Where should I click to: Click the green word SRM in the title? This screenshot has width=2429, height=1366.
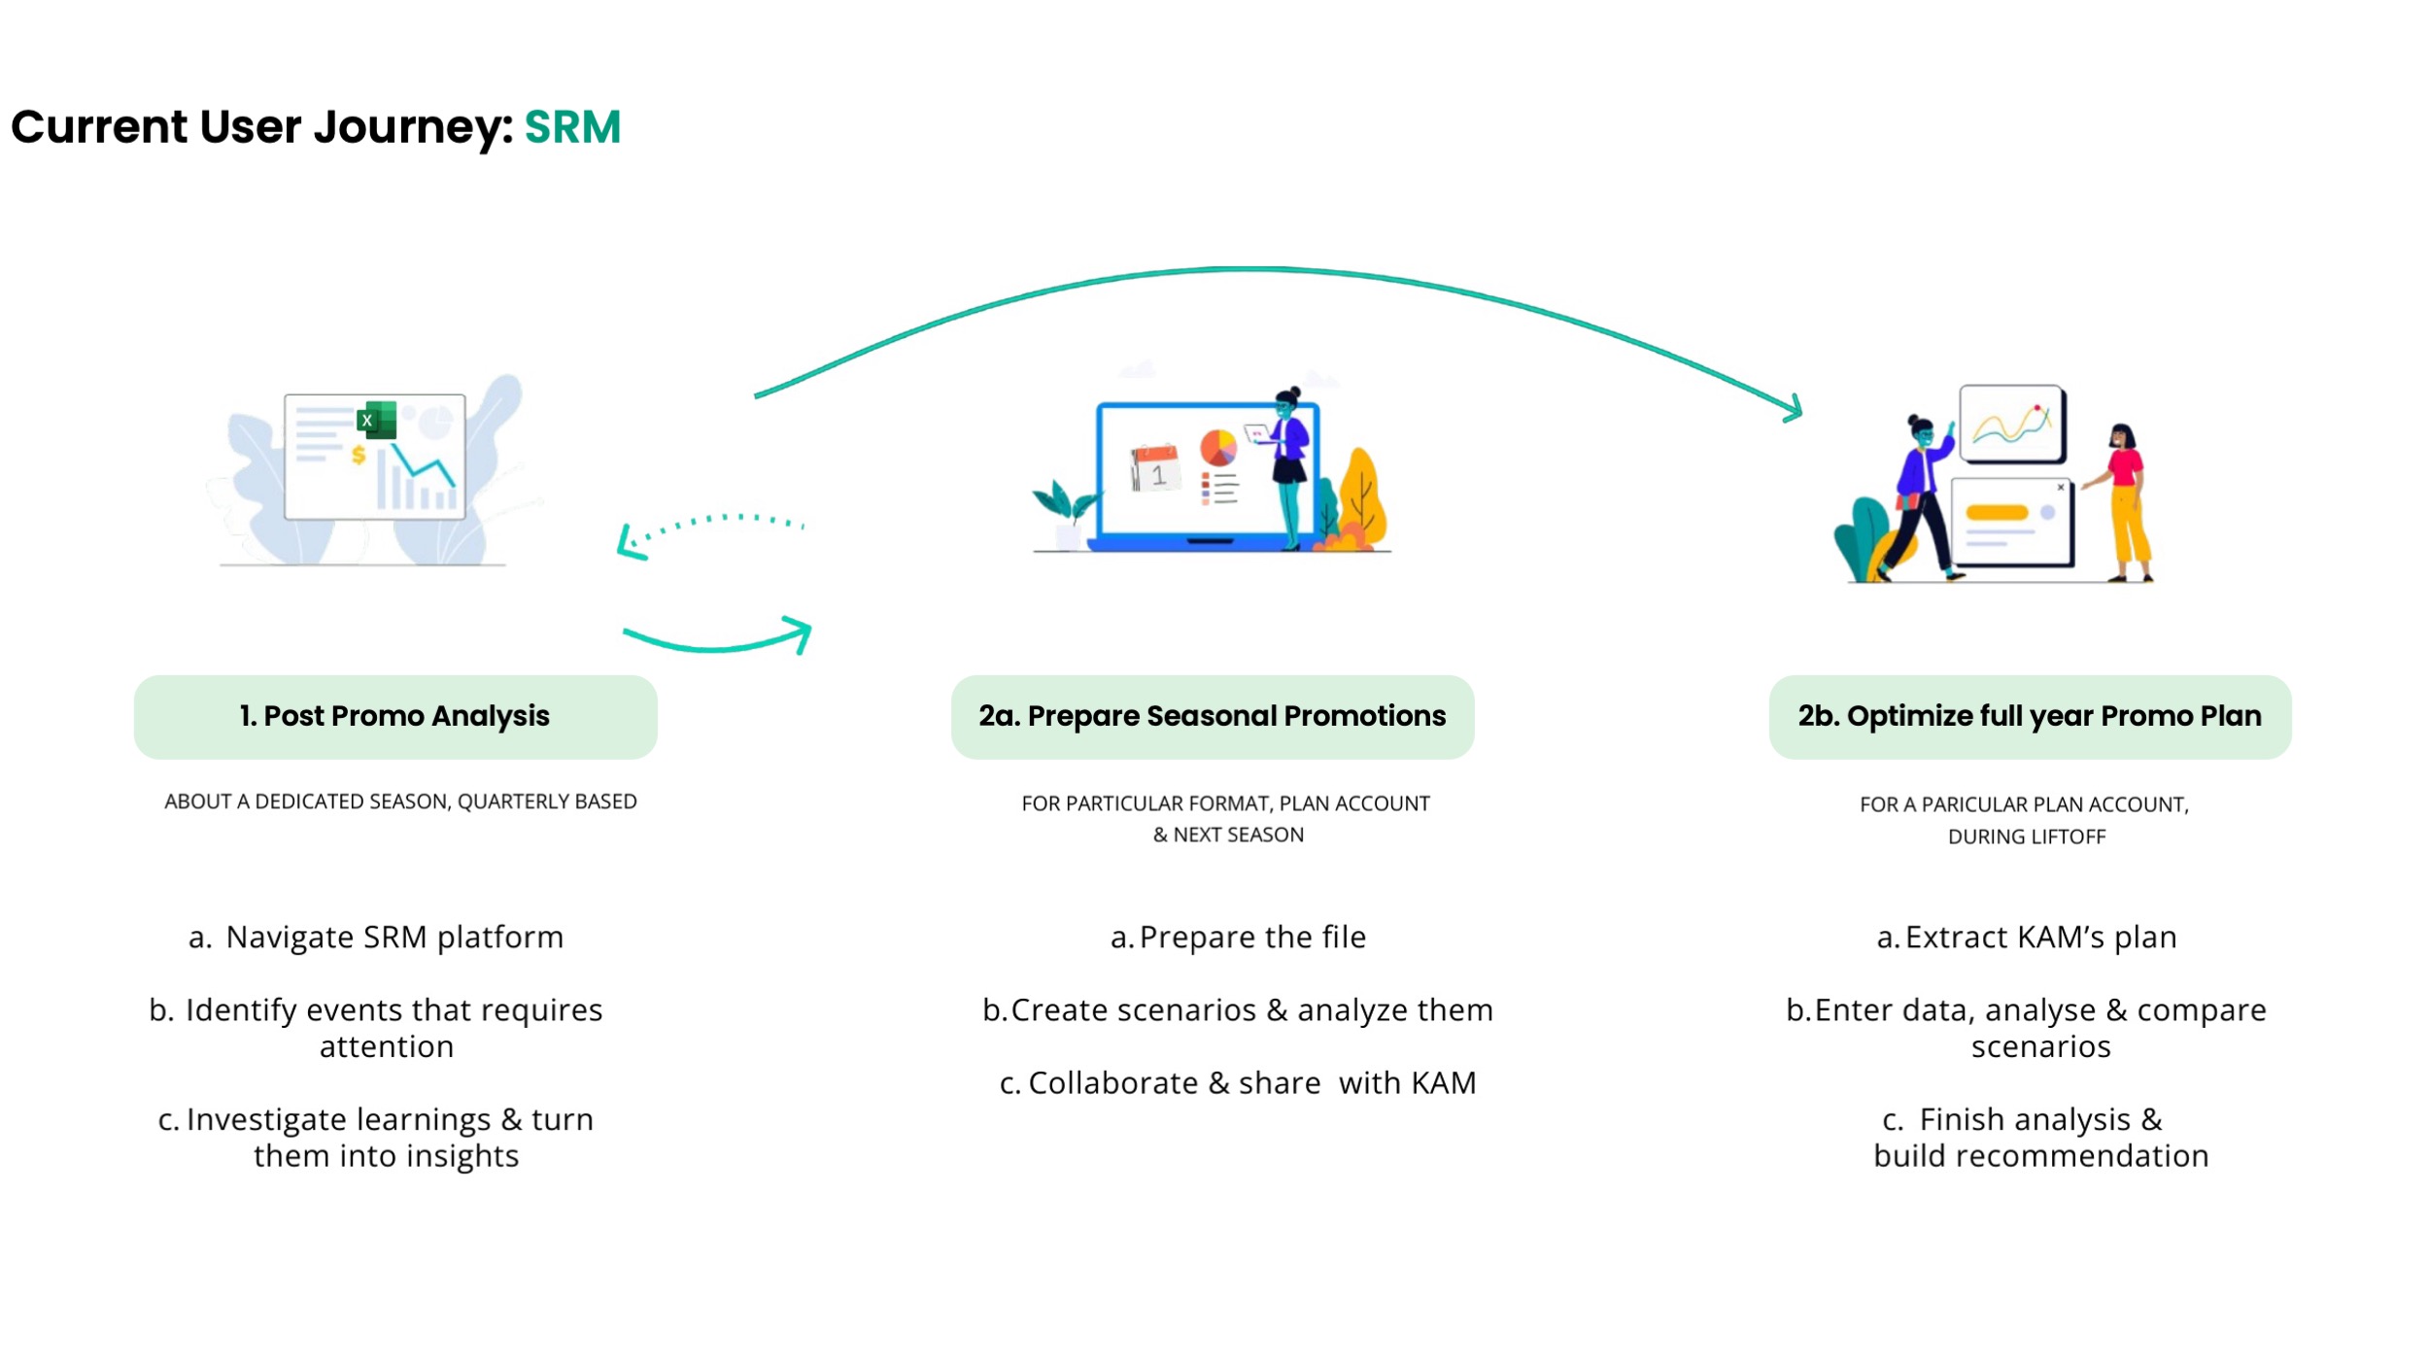(572, 127)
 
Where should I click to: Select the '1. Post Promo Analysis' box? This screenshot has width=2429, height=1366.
(395, 717)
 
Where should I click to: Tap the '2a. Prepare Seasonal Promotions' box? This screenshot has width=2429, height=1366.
(1213, 717)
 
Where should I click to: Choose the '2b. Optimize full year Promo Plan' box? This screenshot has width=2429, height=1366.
(2030, 717)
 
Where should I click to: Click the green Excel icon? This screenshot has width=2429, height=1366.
(377, 420)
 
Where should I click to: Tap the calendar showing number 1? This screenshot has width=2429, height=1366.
(1154, 467)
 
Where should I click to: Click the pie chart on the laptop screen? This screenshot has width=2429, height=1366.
(1218, 448)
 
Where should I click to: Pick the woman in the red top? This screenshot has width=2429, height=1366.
(2124, 502)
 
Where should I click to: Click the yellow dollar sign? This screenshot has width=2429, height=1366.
(359, 454)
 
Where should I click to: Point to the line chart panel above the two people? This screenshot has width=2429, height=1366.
(2012, 424)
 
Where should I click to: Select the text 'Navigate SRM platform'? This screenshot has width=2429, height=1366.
(394, 938)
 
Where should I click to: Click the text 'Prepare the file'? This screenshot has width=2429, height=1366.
(1252, 938)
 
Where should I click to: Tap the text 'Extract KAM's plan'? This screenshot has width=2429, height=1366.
(2040, 938)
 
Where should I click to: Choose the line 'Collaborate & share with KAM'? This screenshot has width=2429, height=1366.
(1238, 1083)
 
